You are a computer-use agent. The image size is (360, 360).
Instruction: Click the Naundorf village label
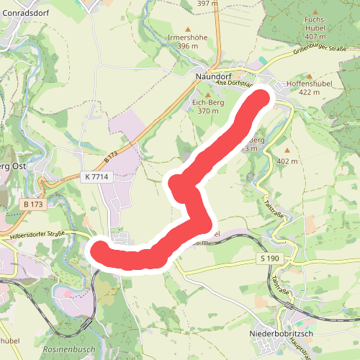click(x=212, y=74)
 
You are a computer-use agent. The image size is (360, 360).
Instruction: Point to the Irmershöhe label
click(x=183, y=36)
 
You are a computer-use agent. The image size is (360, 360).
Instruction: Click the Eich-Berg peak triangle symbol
click(x=208, y=94)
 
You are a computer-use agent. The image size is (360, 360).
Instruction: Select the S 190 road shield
click(x=269, y=258)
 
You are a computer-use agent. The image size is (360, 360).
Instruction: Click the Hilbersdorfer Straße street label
click(x=37, y=234)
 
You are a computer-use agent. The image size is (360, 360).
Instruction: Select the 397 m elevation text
click(x=207, y=4)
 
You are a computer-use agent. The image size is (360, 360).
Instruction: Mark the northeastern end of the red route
click(x=261, y=96)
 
